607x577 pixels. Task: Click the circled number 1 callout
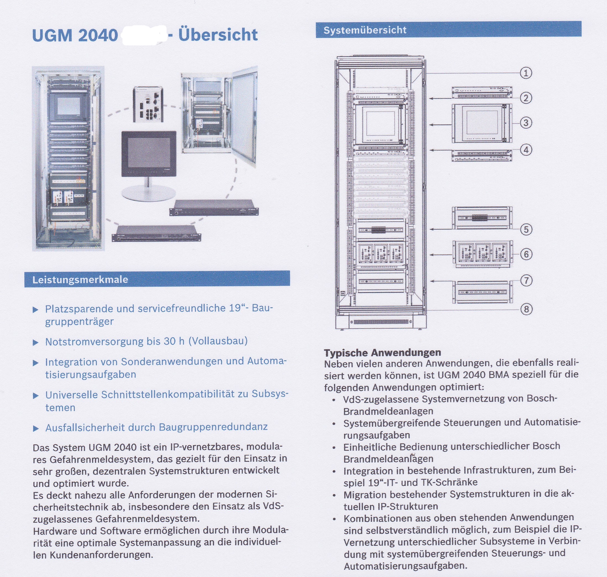point(526,73)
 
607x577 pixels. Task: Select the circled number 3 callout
point(526,123)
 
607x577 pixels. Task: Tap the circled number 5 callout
point(526,229)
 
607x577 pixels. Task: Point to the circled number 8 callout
point(526,309)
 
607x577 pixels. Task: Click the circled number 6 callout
point(526,254)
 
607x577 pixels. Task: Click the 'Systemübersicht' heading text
point(365,30)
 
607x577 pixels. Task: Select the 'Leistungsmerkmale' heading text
point(80,280)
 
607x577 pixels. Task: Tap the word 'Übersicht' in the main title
point(218,35)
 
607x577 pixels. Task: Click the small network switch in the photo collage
point(148,104)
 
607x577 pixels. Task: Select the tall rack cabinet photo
point(68,158)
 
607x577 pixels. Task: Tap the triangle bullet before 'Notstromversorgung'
point(36,343)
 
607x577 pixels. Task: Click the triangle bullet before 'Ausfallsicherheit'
point(36,428)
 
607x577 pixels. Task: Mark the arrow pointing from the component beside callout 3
point(441,125)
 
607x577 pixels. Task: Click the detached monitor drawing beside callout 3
point(482,123)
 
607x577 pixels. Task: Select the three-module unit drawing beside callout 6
point(482,254)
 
